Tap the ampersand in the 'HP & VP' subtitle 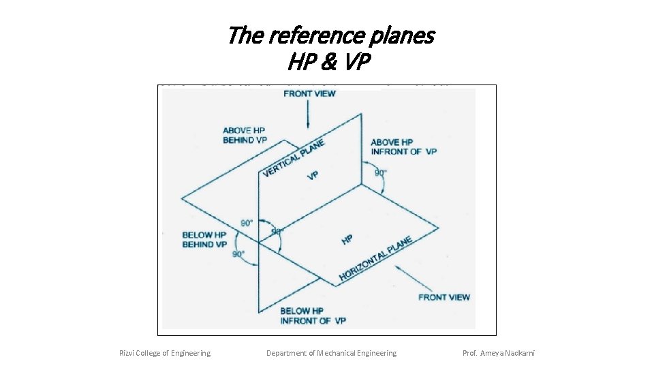(x=329, y=63)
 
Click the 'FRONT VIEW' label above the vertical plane (x=309, y=93)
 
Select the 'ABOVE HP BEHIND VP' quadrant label (x=245, y=135)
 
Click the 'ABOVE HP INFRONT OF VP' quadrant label (x=403, y=147)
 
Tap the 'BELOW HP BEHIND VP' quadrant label (x=204, y=240)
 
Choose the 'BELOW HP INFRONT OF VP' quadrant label (x=313, y=316)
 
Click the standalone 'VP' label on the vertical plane (x=313, y=176)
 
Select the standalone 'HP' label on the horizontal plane (x=347, y=240)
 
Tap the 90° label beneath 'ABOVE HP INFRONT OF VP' (x=381, y=172)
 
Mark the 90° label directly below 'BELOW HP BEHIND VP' (x=238, y=254)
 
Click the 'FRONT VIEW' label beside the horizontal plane (x=443, y=297)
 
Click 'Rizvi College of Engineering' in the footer (x=165, y=353)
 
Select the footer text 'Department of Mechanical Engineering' (x=331, y=353)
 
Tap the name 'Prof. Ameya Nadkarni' (x=499, y=353)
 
